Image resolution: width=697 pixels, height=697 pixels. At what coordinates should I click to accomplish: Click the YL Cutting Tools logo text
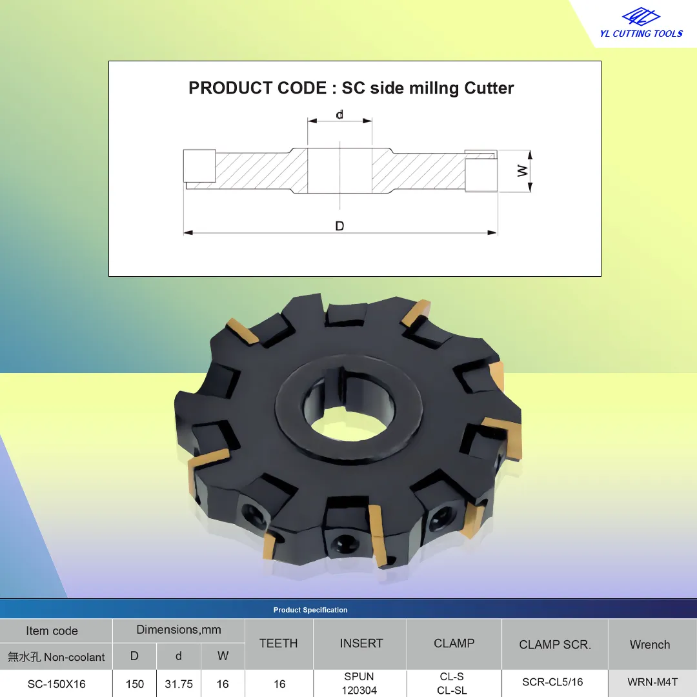(641, 34)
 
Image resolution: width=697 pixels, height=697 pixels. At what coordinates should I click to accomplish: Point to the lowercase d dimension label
(339, 115)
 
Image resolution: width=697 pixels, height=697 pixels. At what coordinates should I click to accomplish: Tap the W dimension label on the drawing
(523, 170)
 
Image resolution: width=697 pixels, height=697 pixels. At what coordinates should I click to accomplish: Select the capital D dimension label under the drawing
(339, 227)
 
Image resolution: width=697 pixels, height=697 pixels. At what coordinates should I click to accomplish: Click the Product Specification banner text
(310, 610)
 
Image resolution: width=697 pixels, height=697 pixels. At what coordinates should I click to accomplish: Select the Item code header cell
(52, 631)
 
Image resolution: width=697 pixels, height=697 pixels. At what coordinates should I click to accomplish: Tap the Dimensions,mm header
(179, 630)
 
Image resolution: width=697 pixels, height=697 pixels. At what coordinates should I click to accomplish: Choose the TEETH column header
(279, 643)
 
